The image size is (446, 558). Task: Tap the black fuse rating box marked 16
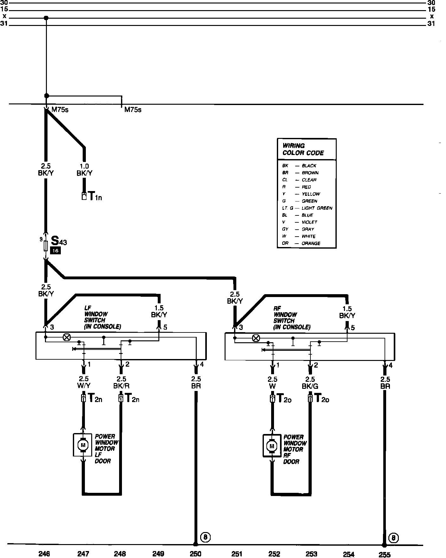(x=55, y=251)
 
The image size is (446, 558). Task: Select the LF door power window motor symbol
(x=82, y=445)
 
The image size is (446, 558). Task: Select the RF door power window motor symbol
(x=271, y=446)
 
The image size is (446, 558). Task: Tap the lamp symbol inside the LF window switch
(x=67, y=337)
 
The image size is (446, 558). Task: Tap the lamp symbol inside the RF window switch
(x=256, y=338)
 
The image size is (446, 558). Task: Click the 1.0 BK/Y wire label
(x=84, y=170)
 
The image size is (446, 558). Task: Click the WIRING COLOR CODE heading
(x=303, y=149)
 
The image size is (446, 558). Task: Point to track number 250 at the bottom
(x=195, y=554)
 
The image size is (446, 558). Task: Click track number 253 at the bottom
(x=311, y=554)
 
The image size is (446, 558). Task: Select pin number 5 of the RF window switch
(x=353, y=328)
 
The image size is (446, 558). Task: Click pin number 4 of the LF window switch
(x=202, y=364)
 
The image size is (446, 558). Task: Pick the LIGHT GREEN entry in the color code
(x=317, y=208)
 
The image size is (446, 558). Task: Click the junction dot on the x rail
(x=46, y=18)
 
